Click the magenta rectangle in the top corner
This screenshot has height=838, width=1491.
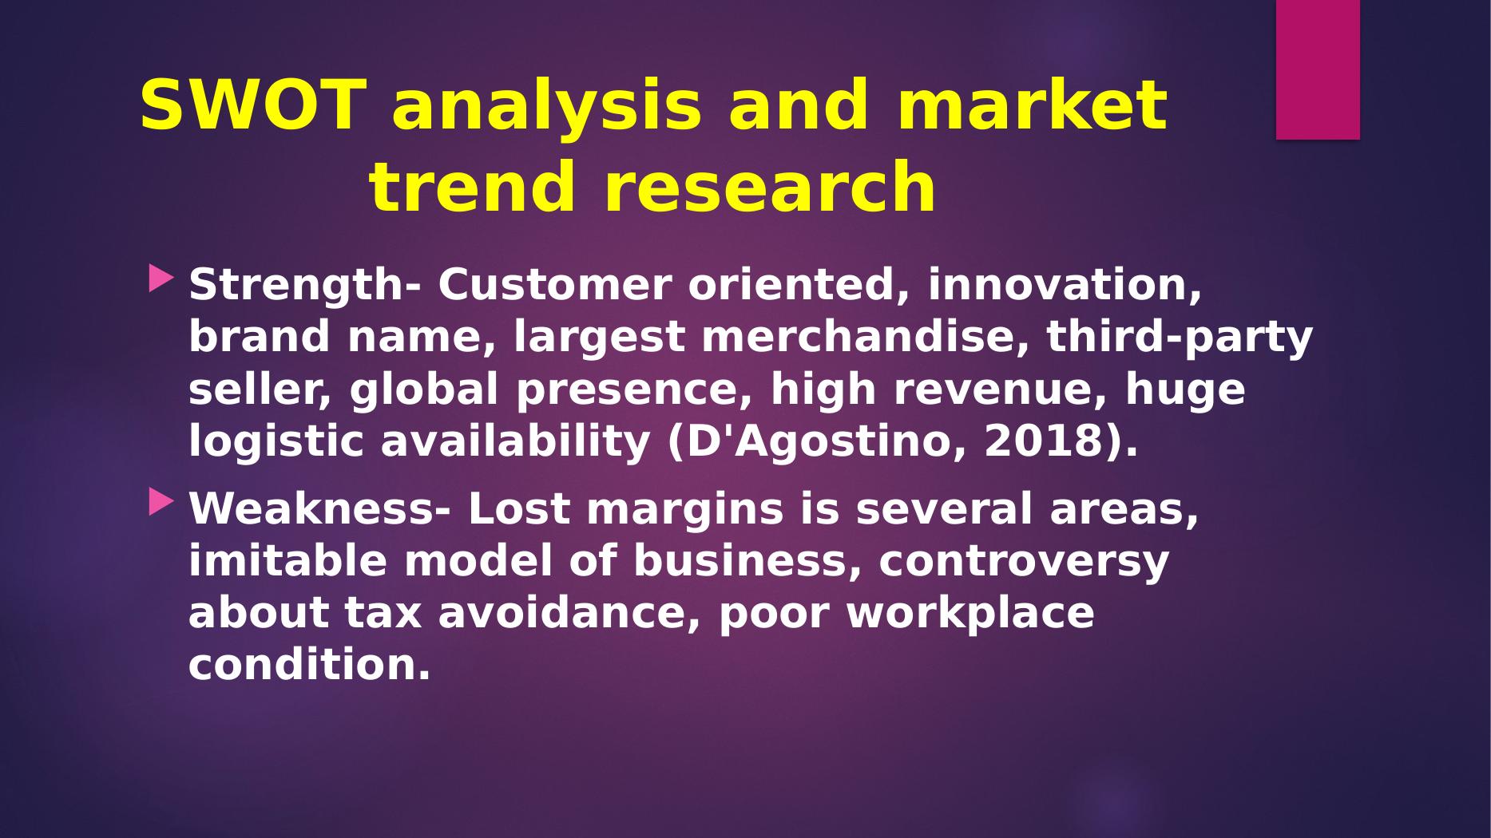[1318, 69]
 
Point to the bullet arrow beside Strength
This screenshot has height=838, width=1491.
[161, 279]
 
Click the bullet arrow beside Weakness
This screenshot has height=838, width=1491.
[161, 502]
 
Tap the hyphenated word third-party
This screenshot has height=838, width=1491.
[1180, 338]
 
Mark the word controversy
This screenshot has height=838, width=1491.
[1024, 562]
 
